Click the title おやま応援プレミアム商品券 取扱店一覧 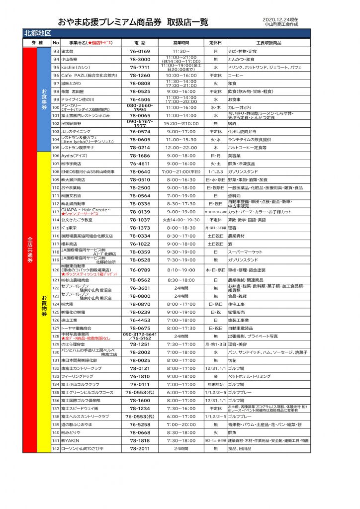[x=133, y=22]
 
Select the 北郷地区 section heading [x=38, y=33]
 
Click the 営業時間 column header [x=181, y=43]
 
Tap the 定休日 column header [x=215, y=43]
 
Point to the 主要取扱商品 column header [x=268, y=43]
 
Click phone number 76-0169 [x=140, y=51]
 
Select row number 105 [x=56, y=148]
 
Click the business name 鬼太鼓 [x=67, y=51]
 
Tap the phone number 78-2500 [x=140, y=188]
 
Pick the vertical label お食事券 [x=44, y=99]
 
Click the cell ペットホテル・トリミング [x=249, y=376]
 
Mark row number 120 [x=56, y=270]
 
